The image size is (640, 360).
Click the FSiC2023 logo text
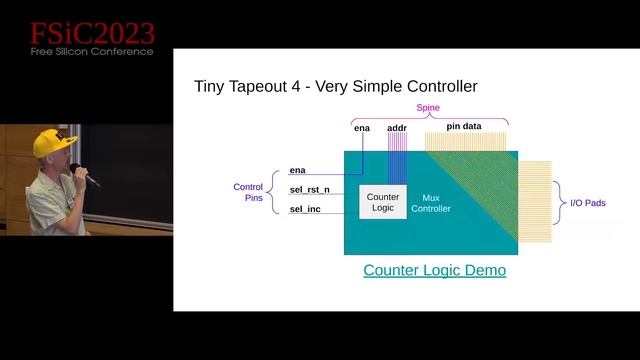[91, 34]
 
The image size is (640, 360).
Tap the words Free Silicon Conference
[91, 51]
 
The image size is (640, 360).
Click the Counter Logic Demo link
[434, 270]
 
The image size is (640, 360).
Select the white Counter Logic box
[383, 202]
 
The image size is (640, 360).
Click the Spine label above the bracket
[427, 108]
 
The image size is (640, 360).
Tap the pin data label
[465, 128]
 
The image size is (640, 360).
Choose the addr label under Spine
[397, 128]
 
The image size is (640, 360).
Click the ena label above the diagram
[362, 128]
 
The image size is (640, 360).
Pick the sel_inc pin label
[305, 209]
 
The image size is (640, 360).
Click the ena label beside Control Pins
[297, 171]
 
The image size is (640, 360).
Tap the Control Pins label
[248, 192]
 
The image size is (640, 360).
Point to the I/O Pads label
[587, 203]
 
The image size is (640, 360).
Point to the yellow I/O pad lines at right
[535, 201]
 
